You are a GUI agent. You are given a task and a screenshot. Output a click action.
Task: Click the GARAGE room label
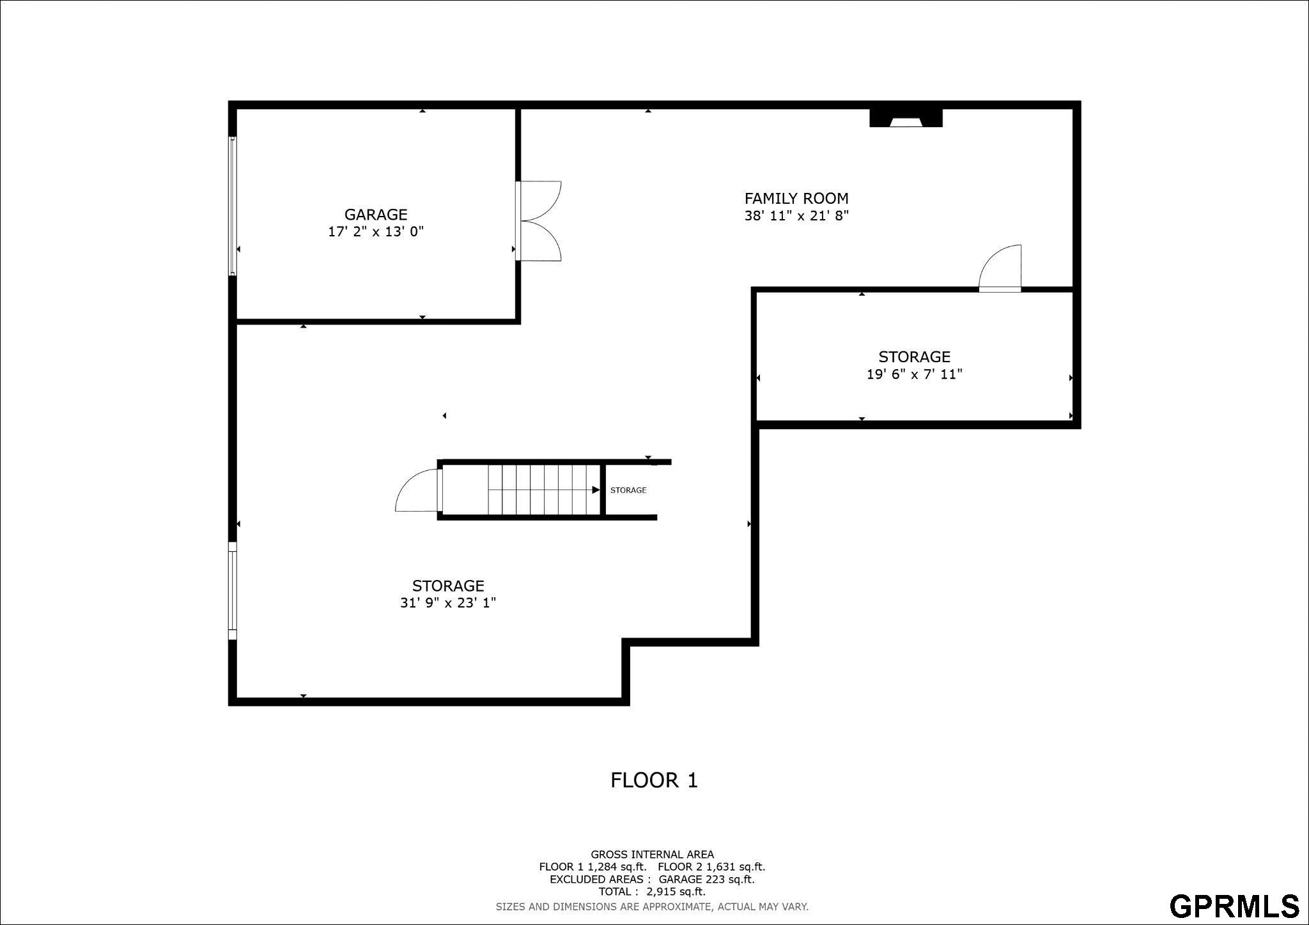coord(376,215)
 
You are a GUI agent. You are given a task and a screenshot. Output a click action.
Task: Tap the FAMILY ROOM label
coord(796,199)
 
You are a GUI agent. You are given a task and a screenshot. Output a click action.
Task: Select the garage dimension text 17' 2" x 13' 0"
coord(376,231)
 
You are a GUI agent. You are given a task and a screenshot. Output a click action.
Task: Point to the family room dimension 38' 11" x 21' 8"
coord(796,215)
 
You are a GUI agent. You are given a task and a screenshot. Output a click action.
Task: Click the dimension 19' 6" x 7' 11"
coord(914,374)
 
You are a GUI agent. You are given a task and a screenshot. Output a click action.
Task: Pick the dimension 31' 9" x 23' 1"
coord(448,602)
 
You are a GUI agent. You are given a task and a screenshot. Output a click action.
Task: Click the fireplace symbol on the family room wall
coord(906,118)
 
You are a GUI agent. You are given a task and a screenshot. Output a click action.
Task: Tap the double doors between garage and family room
coord(538,221)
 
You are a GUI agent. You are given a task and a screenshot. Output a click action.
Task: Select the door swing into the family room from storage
coord(1000,268)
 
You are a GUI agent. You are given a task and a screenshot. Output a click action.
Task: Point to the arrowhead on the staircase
coord(596,490)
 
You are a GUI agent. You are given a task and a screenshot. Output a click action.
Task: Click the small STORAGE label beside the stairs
coord(628,490)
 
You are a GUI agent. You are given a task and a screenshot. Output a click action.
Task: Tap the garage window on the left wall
coord(233,206)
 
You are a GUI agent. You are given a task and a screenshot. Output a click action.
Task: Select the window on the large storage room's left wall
coord(233,591)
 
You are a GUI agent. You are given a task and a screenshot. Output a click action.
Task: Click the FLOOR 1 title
coord(654,780)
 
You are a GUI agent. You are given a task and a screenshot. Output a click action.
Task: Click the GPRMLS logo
coord(1234,906)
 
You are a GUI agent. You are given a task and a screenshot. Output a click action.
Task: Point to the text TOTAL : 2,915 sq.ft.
coord(652,892)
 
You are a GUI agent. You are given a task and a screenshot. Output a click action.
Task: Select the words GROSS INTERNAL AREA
coord(652,854)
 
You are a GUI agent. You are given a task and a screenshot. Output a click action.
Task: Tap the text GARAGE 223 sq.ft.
coord(707,879)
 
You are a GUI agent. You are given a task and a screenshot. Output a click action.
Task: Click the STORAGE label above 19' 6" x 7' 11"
coord(914,357)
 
